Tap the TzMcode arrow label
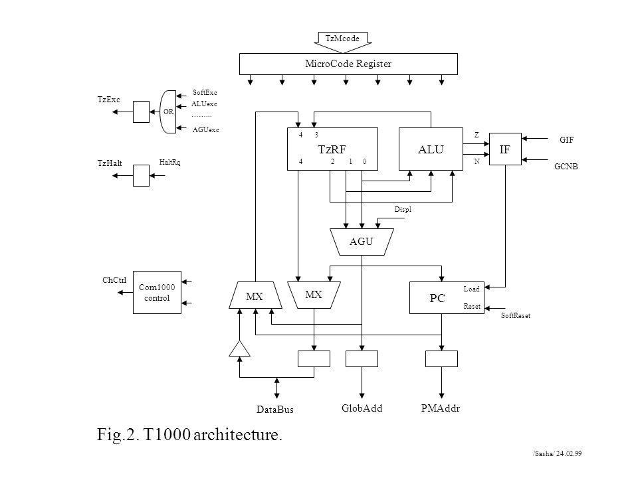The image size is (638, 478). coord(342,39)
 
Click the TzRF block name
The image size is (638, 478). coord(332,149)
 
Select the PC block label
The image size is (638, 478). coord(437,298)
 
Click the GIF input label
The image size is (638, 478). coord(566,140)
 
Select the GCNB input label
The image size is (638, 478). coord(566,167)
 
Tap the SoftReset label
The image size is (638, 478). coord(516,316)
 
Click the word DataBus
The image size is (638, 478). coord(275,410)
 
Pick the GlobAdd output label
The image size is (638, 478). coord(362,408)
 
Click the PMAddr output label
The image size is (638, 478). coord(441,408)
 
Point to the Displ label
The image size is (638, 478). coord(403,210)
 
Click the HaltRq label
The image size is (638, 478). coord(169,163)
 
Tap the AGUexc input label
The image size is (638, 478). coord(206,130)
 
